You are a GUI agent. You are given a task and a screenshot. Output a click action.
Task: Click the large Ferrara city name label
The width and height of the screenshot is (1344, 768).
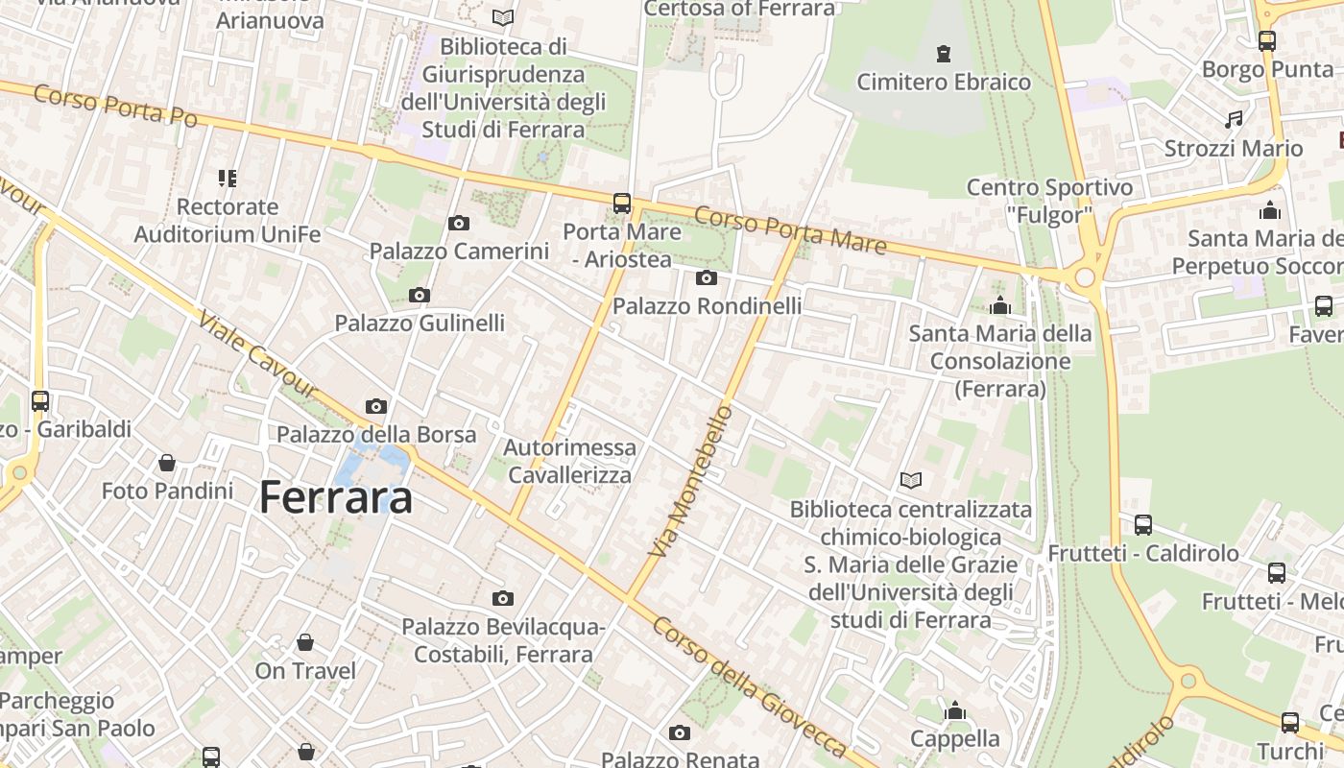pyautogui.click(x=336, y=497)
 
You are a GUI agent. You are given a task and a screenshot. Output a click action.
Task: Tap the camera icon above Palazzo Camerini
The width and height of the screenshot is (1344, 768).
pyautogui.click(x=459, y=224)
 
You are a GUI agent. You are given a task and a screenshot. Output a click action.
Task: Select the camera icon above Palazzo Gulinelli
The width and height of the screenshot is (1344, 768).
pyautogui.click(x=420, y=296)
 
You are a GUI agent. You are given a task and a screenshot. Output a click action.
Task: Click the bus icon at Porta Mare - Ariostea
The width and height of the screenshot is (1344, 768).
pyautogui.click(x=622, y=204)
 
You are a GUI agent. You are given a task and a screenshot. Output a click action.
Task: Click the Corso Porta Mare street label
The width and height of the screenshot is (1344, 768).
pyautogui.click(x=789, y=230)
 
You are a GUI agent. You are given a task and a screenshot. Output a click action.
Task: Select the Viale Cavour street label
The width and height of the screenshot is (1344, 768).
pyautogui.click(x=257, y=353)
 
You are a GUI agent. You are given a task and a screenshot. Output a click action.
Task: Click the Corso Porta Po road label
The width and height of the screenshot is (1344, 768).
pyautogui.click(x=115, y=106)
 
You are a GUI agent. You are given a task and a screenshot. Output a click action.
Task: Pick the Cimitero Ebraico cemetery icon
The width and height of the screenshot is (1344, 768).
pyautogui.click(x=944, y=54)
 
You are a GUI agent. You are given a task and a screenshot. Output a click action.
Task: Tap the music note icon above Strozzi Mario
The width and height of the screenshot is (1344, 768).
pyautogui.click(x=1234, y=120)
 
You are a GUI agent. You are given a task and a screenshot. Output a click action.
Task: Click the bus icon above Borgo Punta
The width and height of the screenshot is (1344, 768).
pyautogui.click(x=1267, y=41)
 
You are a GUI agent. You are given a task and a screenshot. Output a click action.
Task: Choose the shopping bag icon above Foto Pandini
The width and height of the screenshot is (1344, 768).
pyautogui.click(x=167, y=464)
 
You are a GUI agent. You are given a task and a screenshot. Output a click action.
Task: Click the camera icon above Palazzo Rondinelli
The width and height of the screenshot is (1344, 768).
pyautogui.click(x=707, y=278)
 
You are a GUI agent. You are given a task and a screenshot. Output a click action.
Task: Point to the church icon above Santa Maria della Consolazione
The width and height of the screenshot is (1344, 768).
pyautogui.click(x=1000, y=306)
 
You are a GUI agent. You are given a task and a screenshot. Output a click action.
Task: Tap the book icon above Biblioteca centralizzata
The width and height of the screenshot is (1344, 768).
pyautogui.click(x=910, y=480)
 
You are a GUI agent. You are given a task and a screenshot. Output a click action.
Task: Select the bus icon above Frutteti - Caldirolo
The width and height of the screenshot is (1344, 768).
pyautogui.click(x=1142, y=525)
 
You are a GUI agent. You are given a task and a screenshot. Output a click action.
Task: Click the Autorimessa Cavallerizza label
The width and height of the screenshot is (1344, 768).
pyautogui.click(x=570, y=462)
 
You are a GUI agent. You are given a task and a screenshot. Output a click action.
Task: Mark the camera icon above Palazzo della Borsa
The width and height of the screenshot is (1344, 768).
pyautogui.click(x=376, y=407)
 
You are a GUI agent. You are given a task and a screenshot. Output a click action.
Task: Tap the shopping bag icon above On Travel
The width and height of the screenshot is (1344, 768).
pyautogui.click(x=305, y=642)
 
